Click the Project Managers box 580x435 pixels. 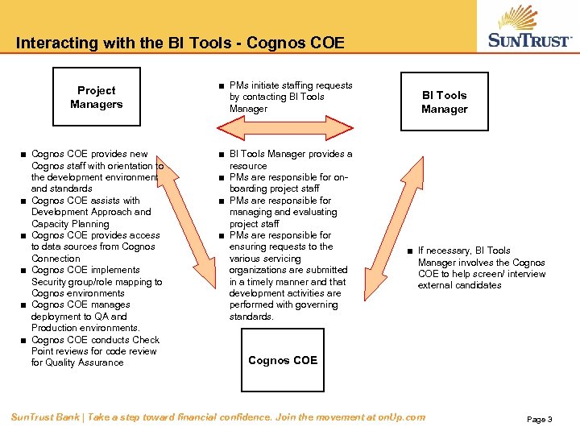[x=96, y=97]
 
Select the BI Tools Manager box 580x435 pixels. [x=444, y=101]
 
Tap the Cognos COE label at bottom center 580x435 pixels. [x=283, y=360]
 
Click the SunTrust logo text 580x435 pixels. [x=529, y=40]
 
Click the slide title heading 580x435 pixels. [x=180, y=43]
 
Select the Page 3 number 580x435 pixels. [x=539, y=420]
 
